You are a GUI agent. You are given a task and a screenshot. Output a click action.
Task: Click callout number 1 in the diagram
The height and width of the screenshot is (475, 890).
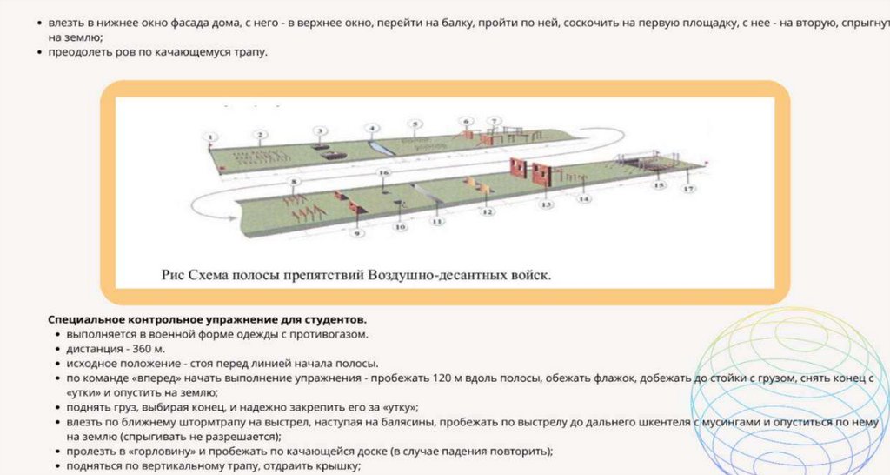coord(209,136)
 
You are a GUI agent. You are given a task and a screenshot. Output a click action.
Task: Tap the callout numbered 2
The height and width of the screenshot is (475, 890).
coord(259,134)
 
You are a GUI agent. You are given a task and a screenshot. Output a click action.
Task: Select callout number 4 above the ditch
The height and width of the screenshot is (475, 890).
coord(372,129)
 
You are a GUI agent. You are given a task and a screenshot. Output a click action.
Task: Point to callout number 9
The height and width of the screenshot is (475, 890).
coord(355,234)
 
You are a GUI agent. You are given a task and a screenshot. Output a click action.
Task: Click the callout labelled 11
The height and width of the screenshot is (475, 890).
coord(437,222)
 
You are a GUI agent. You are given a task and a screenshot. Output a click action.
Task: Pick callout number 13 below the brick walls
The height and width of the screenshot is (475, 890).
coord(546,205)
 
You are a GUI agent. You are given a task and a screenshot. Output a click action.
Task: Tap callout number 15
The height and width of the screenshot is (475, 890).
coord(658,185)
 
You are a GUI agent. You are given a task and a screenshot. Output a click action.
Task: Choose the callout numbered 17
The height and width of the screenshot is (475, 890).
coord(688,188)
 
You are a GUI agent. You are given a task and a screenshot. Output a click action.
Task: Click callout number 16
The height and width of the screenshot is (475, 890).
coord(383,173)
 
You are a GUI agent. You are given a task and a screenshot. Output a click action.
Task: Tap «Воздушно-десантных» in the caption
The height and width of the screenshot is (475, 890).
coord(435,275)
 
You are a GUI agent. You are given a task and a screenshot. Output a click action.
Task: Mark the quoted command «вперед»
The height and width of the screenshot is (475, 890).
coord(149,378)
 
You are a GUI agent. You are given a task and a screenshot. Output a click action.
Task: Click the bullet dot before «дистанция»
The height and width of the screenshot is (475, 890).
coord(57,349)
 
